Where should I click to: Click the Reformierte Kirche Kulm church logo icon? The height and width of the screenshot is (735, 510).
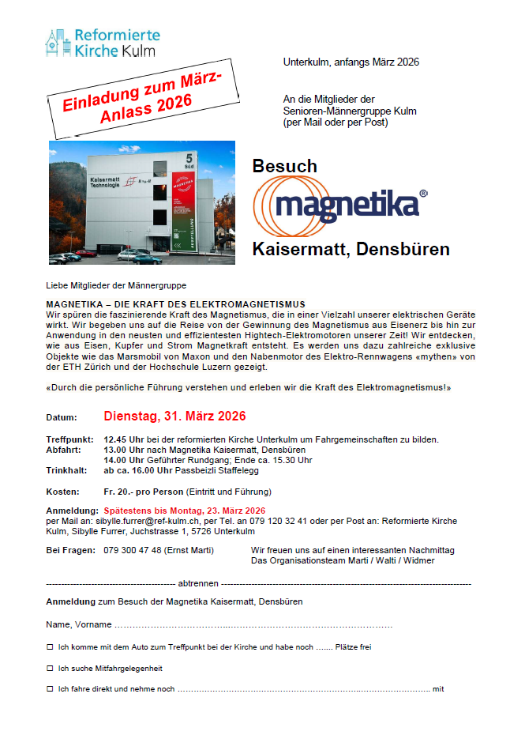coord(58,43)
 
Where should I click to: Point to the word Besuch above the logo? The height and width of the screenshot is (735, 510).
coord(284,166)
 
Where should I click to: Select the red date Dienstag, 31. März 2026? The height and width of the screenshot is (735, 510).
coord(174,416)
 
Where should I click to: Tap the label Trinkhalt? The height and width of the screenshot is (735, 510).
coord(69,470)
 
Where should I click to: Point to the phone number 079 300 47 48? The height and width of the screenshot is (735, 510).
coord(133,550)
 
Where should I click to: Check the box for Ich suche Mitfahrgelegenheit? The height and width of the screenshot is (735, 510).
coord(50,668)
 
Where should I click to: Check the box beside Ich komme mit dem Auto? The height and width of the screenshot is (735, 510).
coord(50,646)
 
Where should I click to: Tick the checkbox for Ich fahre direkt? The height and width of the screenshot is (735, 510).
coord(50,689)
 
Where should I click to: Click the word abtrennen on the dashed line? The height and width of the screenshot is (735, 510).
coord(199,583)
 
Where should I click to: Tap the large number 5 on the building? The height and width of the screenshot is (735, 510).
coord(189,158)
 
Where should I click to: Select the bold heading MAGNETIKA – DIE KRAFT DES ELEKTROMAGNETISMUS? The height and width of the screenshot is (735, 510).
coord(175,304)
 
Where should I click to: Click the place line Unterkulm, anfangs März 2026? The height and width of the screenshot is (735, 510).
coord(351,62)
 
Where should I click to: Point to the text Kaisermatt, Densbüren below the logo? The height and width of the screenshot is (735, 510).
coord(351,249)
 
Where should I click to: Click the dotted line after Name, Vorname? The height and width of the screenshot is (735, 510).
coord(253,625)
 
